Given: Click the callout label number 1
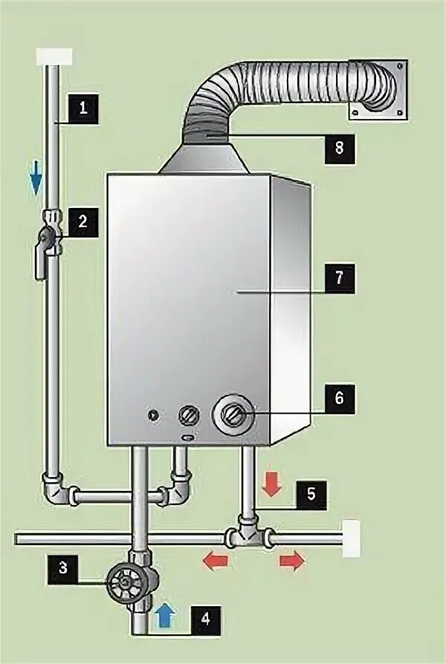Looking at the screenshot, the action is (83, 107).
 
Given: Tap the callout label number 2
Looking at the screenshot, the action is (83, 221).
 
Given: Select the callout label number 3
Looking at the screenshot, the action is (63, 568).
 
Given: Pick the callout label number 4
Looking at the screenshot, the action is (206, 616).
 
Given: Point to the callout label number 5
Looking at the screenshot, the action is (311, 494).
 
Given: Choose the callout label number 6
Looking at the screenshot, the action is (339, 398).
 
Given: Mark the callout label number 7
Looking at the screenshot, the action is (339, 279).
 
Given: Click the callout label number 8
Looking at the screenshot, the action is (339, 148).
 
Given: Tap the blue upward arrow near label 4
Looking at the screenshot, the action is (165, 613).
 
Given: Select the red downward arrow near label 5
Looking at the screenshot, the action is (271, 484).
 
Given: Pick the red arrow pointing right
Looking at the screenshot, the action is (292, 562).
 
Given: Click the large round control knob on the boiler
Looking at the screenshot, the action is (233, 413).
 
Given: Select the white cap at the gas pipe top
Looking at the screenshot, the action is (54, 56).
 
